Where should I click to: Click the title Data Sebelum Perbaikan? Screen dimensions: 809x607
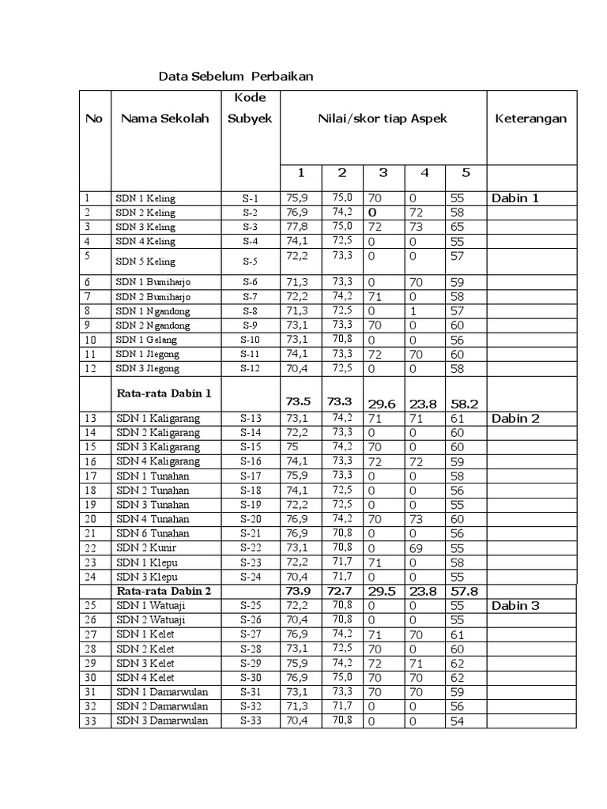236,77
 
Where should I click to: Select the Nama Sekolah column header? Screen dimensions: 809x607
165,119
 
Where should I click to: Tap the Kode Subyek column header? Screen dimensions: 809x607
250,108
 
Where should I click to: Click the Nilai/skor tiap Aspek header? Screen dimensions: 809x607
383,119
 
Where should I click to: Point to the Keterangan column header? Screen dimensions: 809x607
530,119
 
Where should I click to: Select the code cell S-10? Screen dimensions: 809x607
250,340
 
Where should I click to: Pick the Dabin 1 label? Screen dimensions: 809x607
515,198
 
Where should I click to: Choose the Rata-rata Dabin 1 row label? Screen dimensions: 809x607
164,392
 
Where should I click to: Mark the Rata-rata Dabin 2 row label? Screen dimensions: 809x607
164,591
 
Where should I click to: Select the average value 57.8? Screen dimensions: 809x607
465,591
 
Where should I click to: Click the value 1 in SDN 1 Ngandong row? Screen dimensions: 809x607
413,311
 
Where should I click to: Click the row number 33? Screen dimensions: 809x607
92,721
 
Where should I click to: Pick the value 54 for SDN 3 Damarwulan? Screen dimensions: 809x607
457,721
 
